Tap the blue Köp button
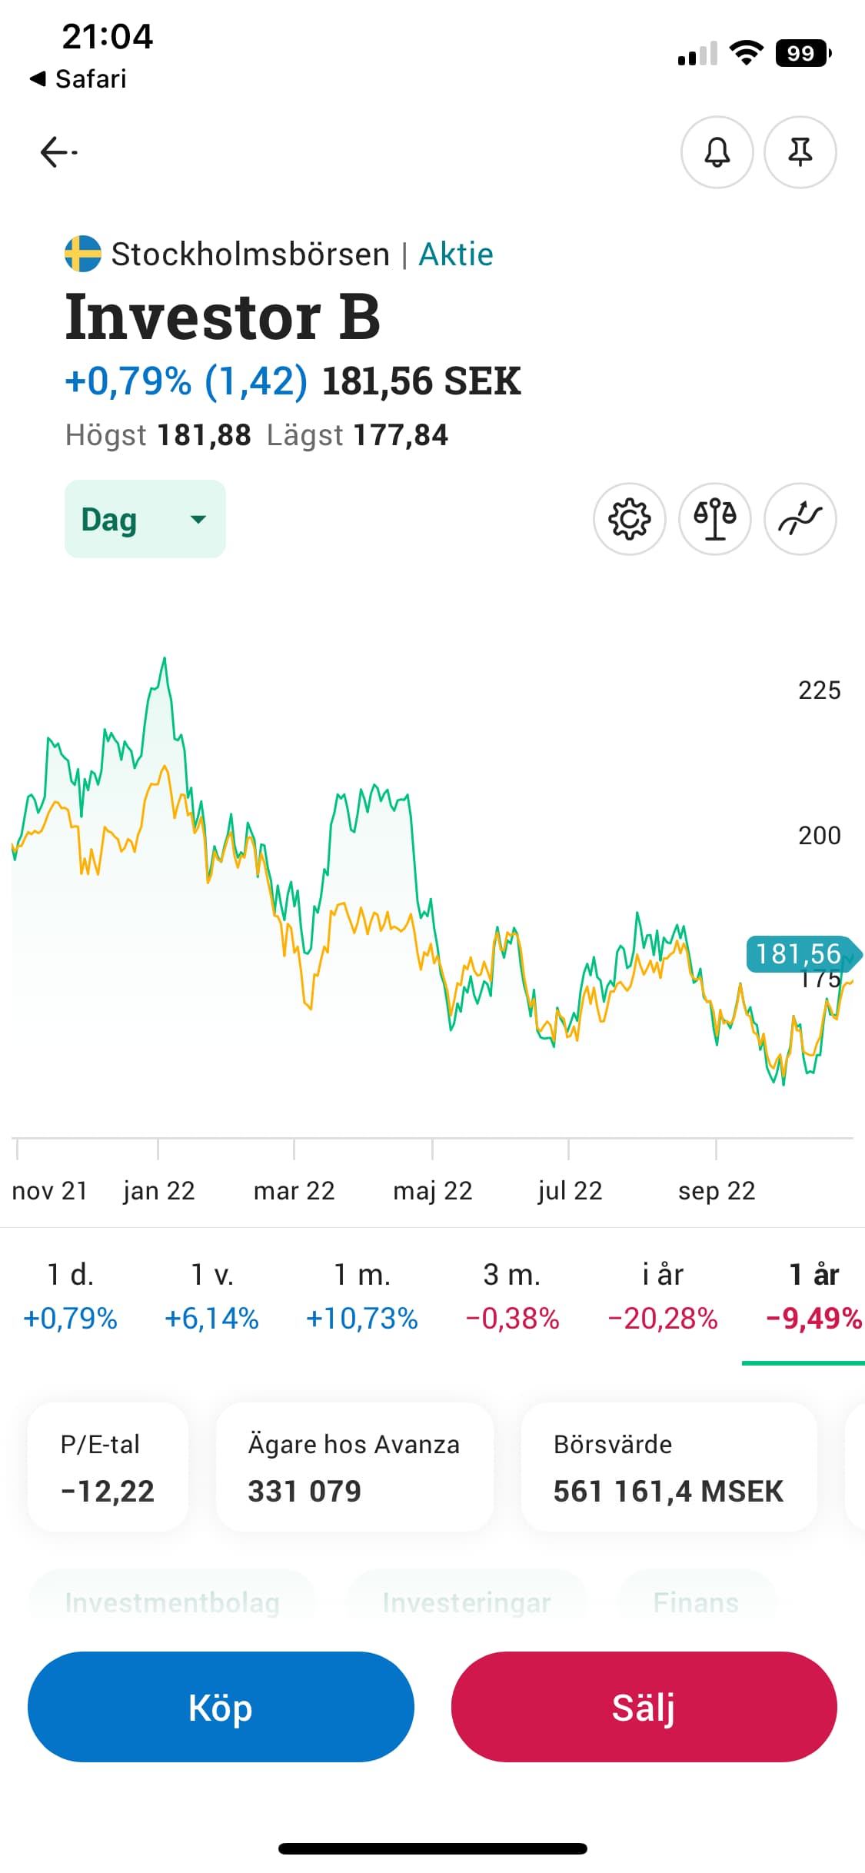221,1707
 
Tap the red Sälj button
644,1707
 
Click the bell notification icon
717,152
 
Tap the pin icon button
800,152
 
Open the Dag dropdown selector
145,519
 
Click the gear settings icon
629,519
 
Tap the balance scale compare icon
714,519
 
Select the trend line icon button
800,519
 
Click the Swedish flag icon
83,254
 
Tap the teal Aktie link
456,255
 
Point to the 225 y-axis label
819,690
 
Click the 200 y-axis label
819,836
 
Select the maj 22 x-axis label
432,1191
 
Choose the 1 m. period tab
361,1296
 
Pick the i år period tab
663,1296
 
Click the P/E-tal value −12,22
108,1492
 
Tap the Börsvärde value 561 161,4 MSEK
668,1492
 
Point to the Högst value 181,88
204,435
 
